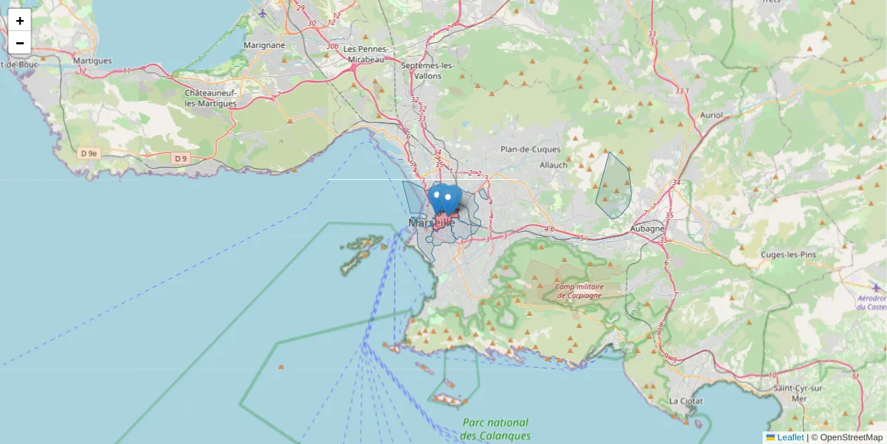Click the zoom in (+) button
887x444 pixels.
[x=20, y=21]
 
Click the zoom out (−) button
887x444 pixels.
[x=20, y=43]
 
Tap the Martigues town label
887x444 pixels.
[x=92, y=61]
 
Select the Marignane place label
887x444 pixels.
[x=264, y=45]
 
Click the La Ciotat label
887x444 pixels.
[x=684, y=401]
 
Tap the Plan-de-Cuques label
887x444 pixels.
[x=529, y=149]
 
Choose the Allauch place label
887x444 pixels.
[x=554, y=165]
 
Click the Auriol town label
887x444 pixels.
[x=711, y=115]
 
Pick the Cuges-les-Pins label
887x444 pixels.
[x=788, y=255]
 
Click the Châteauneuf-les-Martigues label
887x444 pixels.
[x=211, y=98]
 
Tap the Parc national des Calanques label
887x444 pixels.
[x=496, y=429]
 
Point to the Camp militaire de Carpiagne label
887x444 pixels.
[x=580, y=291]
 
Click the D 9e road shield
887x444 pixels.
[x=89, y=153]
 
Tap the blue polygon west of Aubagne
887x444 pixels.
[x=614, y=186]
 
